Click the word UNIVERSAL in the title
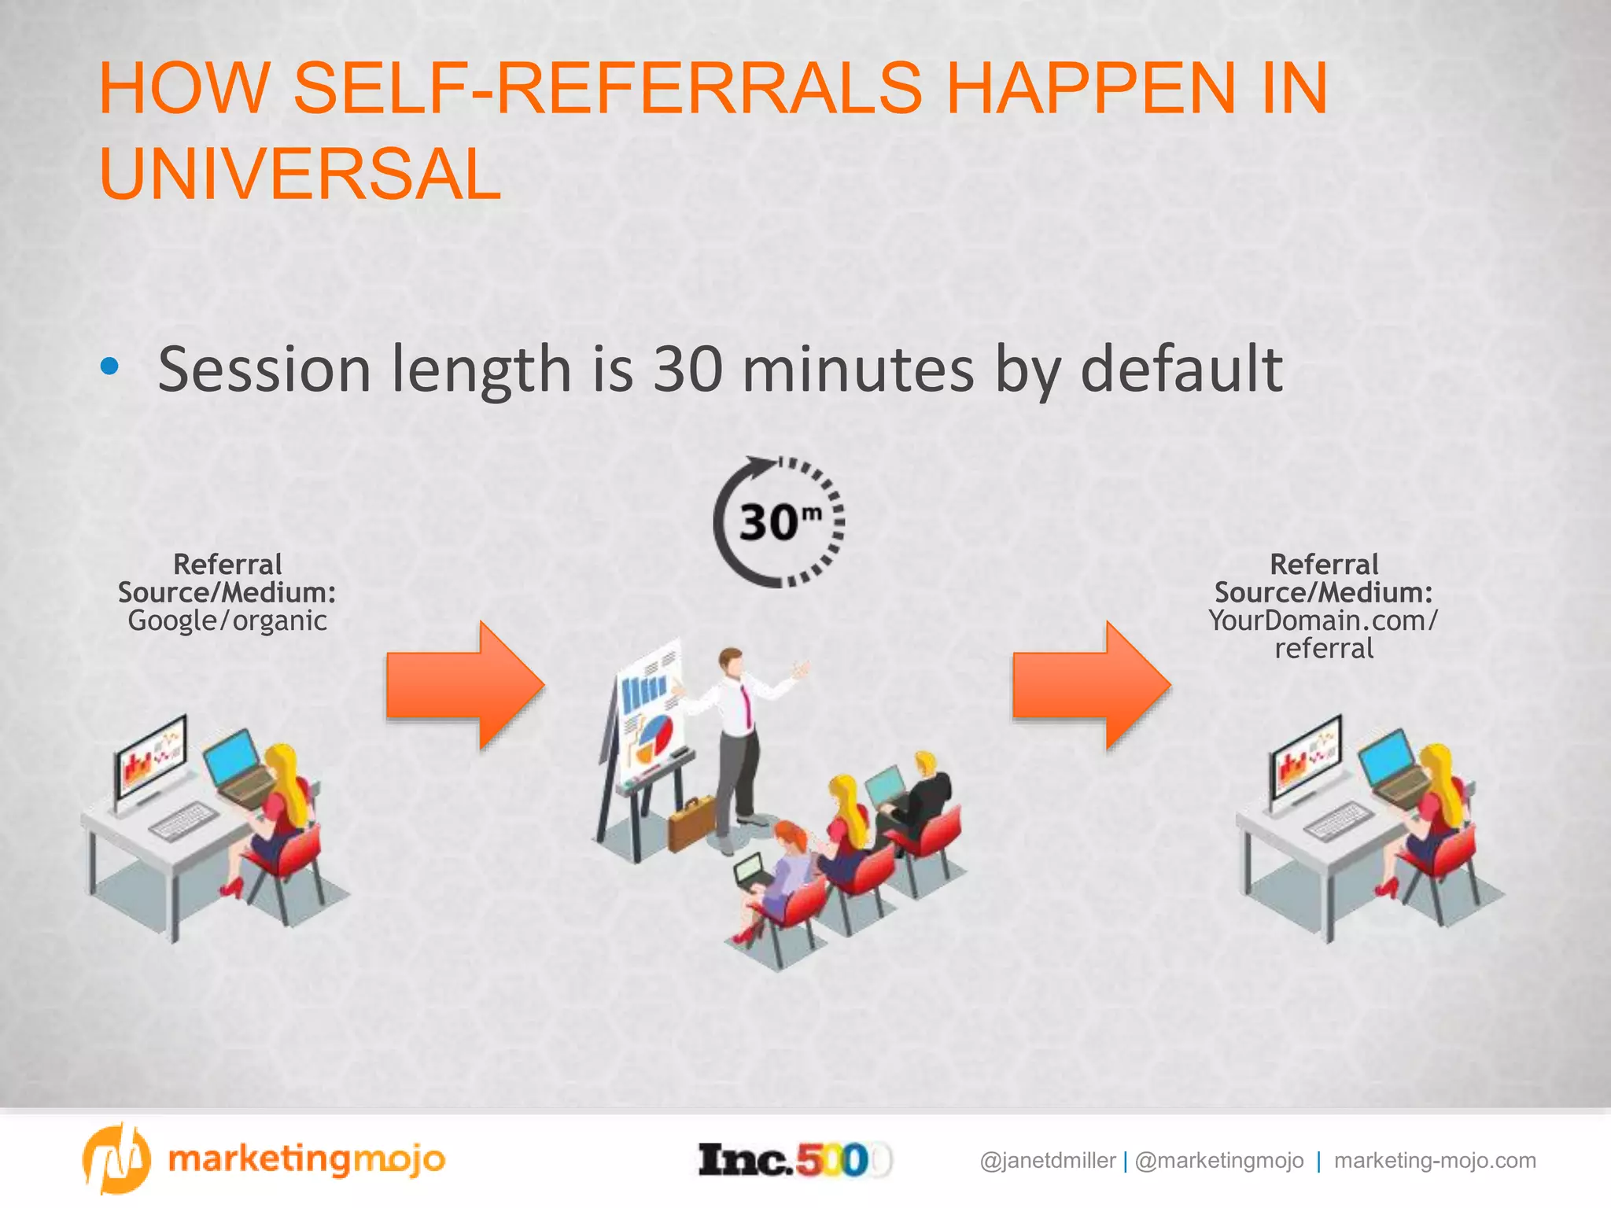300,174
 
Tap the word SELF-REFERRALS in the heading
606,88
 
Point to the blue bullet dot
110,366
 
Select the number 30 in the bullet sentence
688,369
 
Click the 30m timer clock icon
779,521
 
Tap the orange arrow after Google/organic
466,684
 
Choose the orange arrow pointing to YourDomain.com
1092,684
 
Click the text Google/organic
227,621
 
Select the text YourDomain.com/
1323,621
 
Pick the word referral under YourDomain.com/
1324,649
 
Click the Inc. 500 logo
794,1160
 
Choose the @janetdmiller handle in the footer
1047,1161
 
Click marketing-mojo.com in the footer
1435,1161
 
